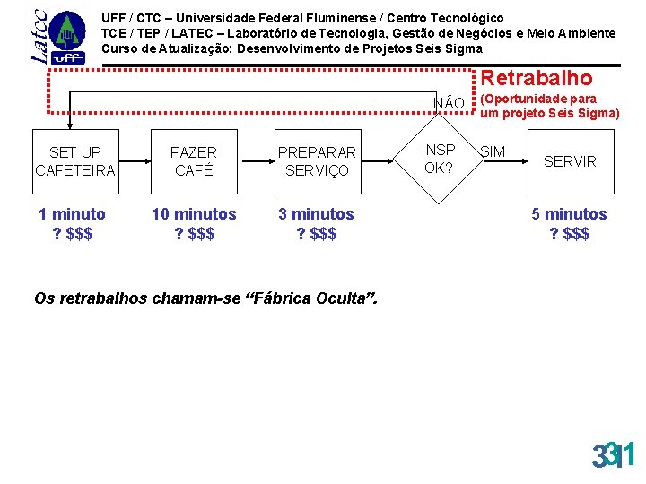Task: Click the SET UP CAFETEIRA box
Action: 75,161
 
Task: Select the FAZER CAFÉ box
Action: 194,161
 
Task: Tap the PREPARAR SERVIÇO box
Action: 317,161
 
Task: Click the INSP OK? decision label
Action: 439,159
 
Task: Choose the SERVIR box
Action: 570,161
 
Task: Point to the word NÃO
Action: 449,103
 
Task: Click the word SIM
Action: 493,152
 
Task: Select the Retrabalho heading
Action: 537,79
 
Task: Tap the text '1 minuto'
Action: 72,214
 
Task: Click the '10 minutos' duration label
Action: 194,214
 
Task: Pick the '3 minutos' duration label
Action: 316,214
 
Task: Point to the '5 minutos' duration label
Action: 569,214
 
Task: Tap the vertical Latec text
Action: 39,36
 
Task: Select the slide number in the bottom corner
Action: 613,456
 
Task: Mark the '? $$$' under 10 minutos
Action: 194,234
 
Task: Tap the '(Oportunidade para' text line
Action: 538,99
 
